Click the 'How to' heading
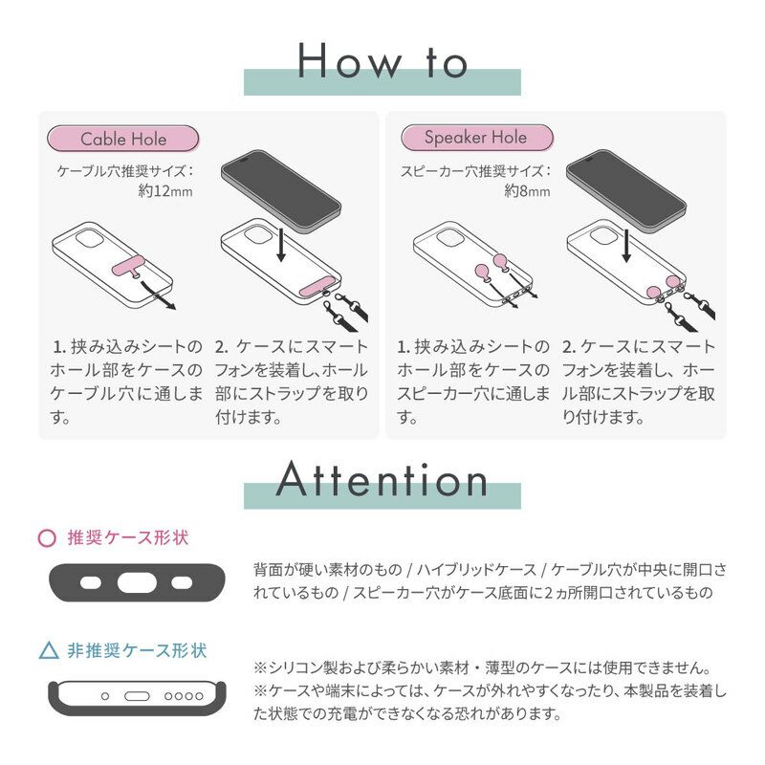[x=382, y=61]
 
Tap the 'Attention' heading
[x=382, y=480]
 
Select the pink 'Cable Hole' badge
[x=123, y=139]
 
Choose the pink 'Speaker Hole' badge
[x=476, y=138]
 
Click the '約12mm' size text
[x=165, y=190]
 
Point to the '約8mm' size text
[x=527, y=190]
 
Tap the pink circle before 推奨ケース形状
[x=47, y=538]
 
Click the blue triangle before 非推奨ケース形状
[x=49, y=652]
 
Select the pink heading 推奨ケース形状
[x=128, y=538]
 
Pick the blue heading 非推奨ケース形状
[x=137, y=651]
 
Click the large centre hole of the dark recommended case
[x=137, y=582]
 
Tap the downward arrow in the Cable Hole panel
[x=280, y=244]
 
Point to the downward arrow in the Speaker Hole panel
[x=626, y=246]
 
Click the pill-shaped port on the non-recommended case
[x=137, y=696]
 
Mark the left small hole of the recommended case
[x=90, y=582]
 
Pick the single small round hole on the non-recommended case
[x=105, y=696]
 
